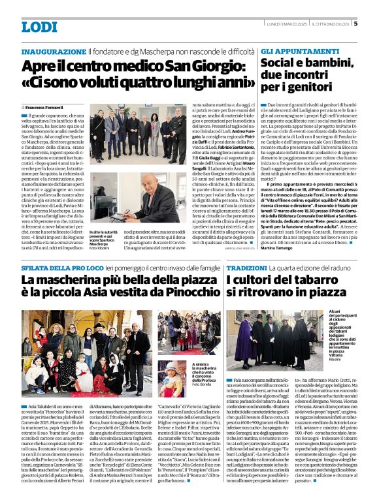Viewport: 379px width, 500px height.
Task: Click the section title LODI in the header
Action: click(39, 27)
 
